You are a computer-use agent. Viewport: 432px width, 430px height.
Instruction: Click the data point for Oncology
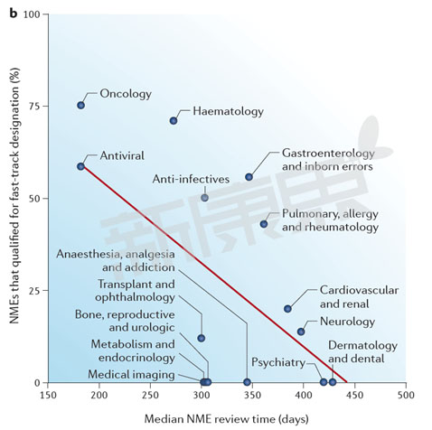[81, 106]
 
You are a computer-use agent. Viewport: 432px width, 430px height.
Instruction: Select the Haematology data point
[174, 121]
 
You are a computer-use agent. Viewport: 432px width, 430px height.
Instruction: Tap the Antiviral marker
[81, 166]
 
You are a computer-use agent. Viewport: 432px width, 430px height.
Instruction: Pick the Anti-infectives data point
[204, 197]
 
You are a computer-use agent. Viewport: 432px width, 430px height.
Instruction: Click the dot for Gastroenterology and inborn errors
[249, 177]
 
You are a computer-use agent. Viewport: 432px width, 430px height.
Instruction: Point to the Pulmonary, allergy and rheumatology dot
[264, 224]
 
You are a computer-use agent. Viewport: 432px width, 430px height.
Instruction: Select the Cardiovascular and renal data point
[288, 309]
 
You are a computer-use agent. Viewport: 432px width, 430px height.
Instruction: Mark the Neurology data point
[301, 332]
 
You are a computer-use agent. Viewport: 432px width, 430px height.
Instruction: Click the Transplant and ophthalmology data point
[201, 338]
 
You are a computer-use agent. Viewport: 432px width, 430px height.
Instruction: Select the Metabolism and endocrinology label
[132, 351]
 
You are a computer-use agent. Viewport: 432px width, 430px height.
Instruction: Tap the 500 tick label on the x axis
[406, 396]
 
